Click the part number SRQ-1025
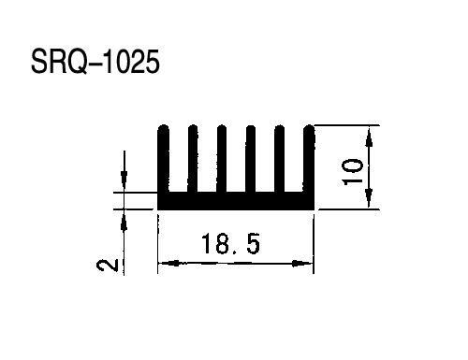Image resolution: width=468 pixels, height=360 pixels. pos(95,62)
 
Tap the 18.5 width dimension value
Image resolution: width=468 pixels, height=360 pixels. pos(230,244)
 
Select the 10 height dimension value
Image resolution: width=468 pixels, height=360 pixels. pos(353,172)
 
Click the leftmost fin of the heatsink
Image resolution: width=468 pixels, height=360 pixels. pos(164,158)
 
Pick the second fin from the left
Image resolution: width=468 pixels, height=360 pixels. pos(193,158)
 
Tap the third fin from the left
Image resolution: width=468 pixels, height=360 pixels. pos(222,158)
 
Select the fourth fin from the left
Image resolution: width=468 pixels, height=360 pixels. pos(251,158)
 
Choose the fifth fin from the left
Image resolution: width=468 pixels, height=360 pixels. pos(279,158)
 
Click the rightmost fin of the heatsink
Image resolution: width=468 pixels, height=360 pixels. pos(309,158)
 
